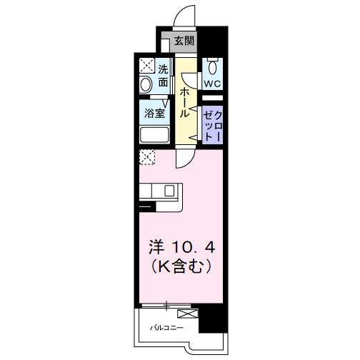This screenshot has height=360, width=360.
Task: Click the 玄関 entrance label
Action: click(184, 41)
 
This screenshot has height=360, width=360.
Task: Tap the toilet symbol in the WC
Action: click(212, 69)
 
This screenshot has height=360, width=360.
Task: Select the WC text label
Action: click(212, 84)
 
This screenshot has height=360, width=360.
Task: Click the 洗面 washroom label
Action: click(163, 76)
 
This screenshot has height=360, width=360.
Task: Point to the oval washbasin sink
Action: click(146, 85)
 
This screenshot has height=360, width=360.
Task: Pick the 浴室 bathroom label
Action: click(154, 114)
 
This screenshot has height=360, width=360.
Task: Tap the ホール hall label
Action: click(184, 102)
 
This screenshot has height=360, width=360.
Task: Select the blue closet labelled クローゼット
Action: click(212, 126)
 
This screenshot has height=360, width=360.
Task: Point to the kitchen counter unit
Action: click(161, 191)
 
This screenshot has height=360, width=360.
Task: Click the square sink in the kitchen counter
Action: click(170, 191)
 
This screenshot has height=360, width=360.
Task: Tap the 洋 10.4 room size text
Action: click(181, 248)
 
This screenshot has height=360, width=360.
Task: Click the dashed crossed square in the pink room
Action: click(146, 157)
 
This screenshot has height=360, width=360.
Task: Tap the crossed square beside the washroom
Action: click(146, 65)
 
